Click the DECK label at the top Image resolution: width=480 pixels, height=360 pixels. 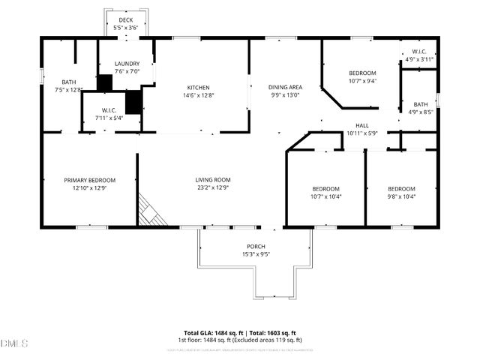[x=125, y=20]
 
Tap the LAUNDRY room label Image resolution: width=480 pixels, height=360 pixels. [x=127, y=64]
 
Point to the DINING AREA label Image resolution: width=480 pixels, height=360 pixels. [x=285, y=87]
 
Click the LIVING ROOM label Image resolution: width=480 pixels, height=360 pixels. [x=213, y=180]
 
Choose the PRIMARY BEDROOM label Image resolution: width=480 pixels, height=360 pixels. [x=89, y=180]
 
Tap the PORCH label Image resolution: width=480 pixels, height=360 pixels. [x=256, y=246]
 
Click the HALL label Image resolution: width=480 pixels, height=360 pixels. [x=362, y=125]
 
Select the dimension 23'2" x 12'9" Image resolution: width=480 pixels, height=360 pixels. [x=213, y=188]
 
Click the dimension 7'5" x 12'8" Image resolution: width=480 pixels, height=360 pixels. [x=69, y=90]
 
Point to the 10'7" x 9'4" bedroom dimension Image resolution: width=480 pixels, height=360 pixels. [x=362, y=81]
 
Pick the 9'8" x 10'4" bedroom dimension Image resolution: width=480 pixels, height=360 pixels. [x=401, y=196]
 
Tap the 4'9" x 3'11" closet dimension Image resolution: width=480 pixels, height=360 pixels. [x=420, y=59]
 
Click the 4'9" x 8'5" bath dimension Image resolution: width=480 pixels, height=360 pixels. [x=420, y=112]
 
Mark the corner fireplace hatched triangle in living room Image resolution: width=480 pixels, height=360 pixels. [x=148, y=213]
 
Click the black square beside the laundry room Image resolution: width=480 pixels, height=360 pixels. [x=105, y=82]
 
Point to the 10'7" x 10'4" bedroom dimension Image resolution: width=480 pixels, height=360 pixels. [x=326, y=196]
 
